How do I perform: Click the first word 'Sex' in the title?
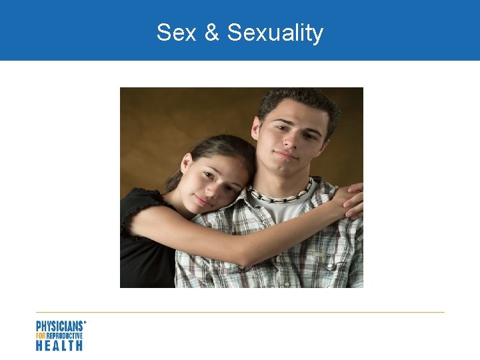(x=177, y=32)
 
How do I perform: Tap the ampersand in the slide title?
(x=212, y=32)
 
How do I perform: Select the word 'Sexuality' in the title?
(x=275, y=32)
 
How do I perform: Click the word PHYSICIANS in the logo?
(x=59, y=326)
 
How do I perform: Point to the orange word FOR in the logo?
(x=40, y=336)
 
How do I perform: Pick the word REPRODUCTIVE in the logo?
(x=64, y=336)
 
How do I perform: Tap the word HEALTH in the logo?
(x=59, y=345)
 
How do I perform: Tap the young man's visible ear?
(x=256, y=130)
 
